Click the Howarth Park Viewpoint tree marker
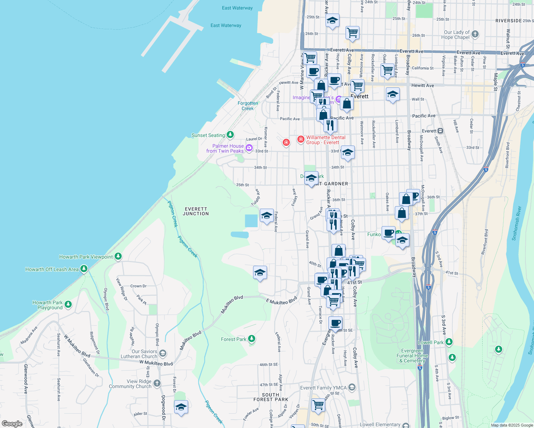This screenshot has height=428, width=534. pos(118,256)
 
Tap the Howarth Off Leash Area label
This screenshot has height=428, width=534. pos(52,269)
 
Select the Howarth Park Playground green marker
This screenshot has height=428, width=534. pos(68,305)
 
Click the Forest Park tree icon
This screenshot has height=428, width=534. pos(252,338)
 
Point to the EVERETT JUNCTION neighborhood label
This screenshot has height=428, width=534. pos(196,211)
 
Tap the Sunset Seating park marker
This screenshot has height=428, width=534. pos(230,135)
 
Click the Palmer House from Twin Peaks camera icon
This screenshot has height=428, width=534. pos(249,148)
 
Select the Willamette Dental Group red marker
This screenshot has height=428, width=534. pos(301,139)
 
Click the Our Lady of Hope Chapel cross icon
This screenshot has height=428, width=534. pos(475,34)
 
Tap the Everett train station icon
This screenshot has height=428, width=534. pos(440,131)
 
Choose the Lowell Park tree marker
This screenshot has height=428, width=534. pos(449,342)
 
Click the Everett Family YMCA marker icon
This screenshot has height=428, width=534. pos(352,387)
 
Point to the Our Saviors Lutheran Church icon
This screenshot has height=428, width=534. pos(163,353)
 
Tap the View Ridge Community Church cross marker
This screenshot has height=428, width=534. pos(157,383)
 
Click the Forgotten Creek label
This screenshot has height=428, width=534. pos(248,106)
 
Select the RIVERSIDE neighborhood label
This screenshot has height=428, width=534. pos(509,21)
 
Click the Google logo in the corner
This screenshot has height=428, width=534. pos(12,423)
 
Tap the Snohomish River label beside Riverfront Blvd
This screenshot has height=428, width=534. pos(516,223)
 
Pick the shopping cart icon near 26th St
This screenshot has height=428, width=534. pos(352,32)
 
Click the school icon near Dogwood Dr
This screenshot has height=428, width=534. pos(181,407)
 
